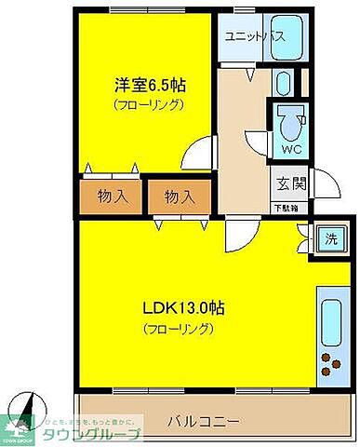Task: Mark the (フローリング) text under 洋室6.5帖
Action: [150, 105]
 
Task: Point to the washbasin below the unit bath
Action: [284, 84]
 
